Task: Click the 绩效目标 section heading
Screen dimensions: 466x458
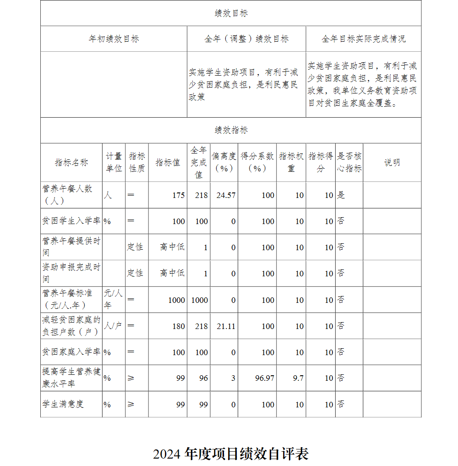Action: (231, 13)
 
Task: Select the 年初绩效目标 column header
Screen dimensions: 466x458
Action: (114, 39)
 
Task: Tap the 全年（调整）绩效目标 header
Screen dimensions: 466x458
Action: (246, 39)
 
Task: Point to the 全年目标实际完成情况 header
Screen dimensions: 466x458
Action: (363, 39)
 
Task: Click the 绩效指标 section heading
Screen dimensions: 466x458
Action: (231, 130)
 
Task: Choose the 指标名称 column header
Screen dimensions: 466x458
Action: (71, 163)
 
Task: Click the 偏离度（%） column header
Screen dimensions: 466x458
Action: (224, 162)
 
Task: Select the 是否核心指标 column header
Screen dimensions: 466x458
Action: (349, 162)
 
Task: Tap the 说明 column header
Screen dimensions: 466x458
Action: (392, 163)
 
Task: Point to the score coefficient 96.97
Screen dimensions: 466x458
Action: (265, 378)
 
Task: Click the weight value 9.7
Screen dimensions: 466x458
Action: (298, 378)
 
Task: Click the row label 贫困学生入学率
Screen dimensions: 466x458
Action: (71, 221)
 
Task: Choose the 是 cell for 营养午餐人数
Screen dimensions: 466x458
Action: (341, 195)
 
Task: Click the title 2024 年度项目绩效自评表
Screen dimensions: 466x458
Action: (231, 454)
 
